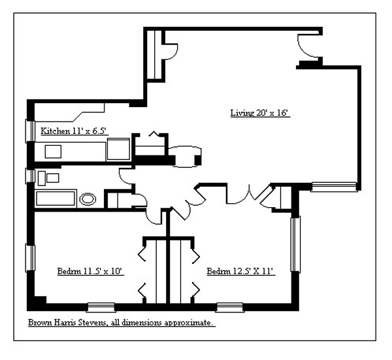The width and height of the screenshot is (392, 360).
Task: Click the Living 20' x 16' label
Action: (259, 113)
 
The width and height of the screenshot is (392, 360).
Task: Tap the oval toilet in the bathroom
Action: (87, 199)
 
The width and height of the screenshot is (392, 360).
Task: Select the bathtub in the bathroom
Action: (56, 199)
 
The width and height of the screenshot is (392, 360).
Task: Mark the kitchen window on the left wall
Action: (29, 130)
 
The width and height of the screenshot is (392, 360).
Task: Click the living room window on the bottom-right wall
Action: (334, 187)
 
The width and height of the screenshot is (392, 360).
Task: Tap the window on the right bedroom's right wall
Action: (295, 243)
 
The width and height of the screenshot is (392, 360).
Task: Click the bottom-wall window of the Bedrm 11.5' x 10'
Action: (101, 305)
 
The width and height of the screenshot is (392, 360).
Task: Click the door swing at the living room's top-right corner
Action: (307, 46)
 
